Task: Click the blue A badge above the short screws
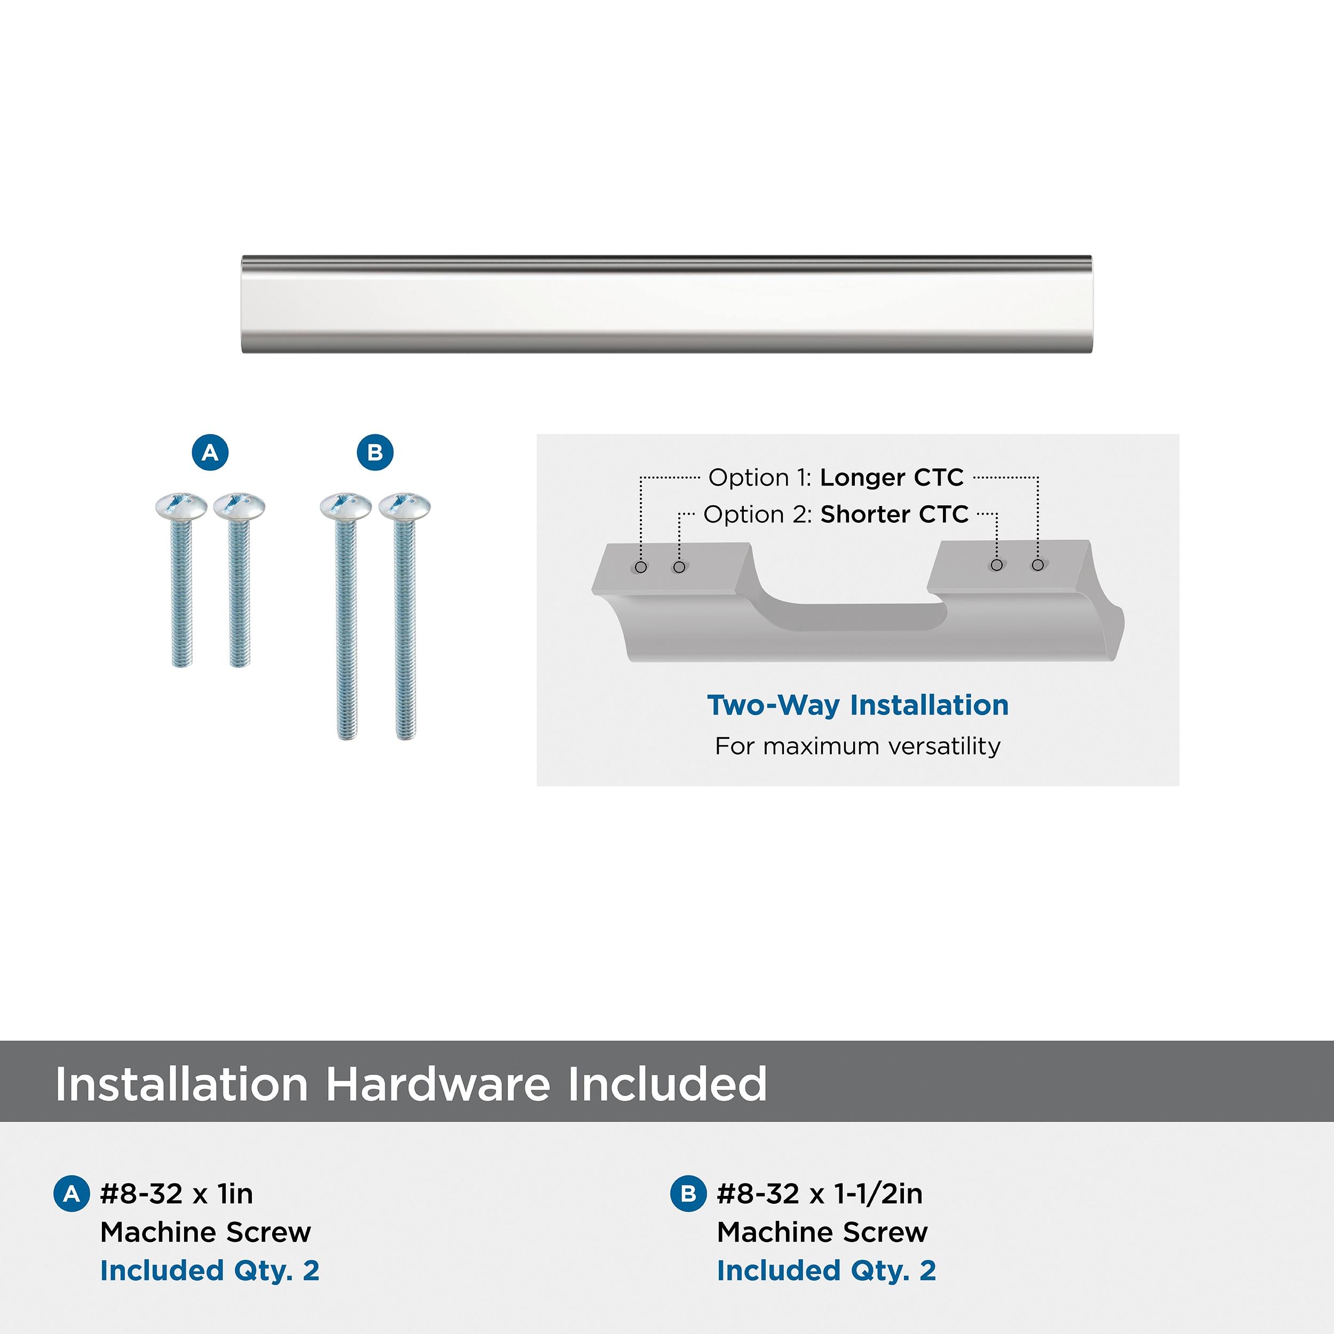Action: click(x=210, y=453)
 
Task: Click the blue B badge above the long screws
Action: click(x=375, y=453)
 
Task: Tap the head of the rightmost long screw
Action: click(x=404, y=506)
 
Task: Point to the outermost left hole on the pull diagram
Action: click(x=641, y=567)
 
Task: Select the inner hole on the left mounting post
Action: click(x=679, y=567)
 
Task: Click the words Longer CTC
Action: click(x=892, y=478)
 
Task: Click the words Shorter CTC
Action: click(x=894, y=514)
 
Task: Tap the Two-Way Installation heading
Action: click(x=857, y=705)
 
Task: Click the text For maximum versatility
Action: click(x=857, y=747)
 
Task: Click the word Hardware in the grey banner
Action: click(x=439, y=1084)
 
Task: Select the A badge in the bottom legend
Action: click(x=72, y=1194)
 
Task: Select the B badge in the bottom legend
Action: click(x=688, y=1194)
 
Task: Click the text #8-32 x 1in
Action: click(x=177, y=1194)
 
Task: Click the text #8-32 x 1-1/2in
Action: click(x=820, y=1194)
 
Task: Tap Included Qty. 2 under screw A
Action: click(x=210, y=1271)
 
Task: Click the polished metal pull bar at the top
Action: click(x=666, y=305)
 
